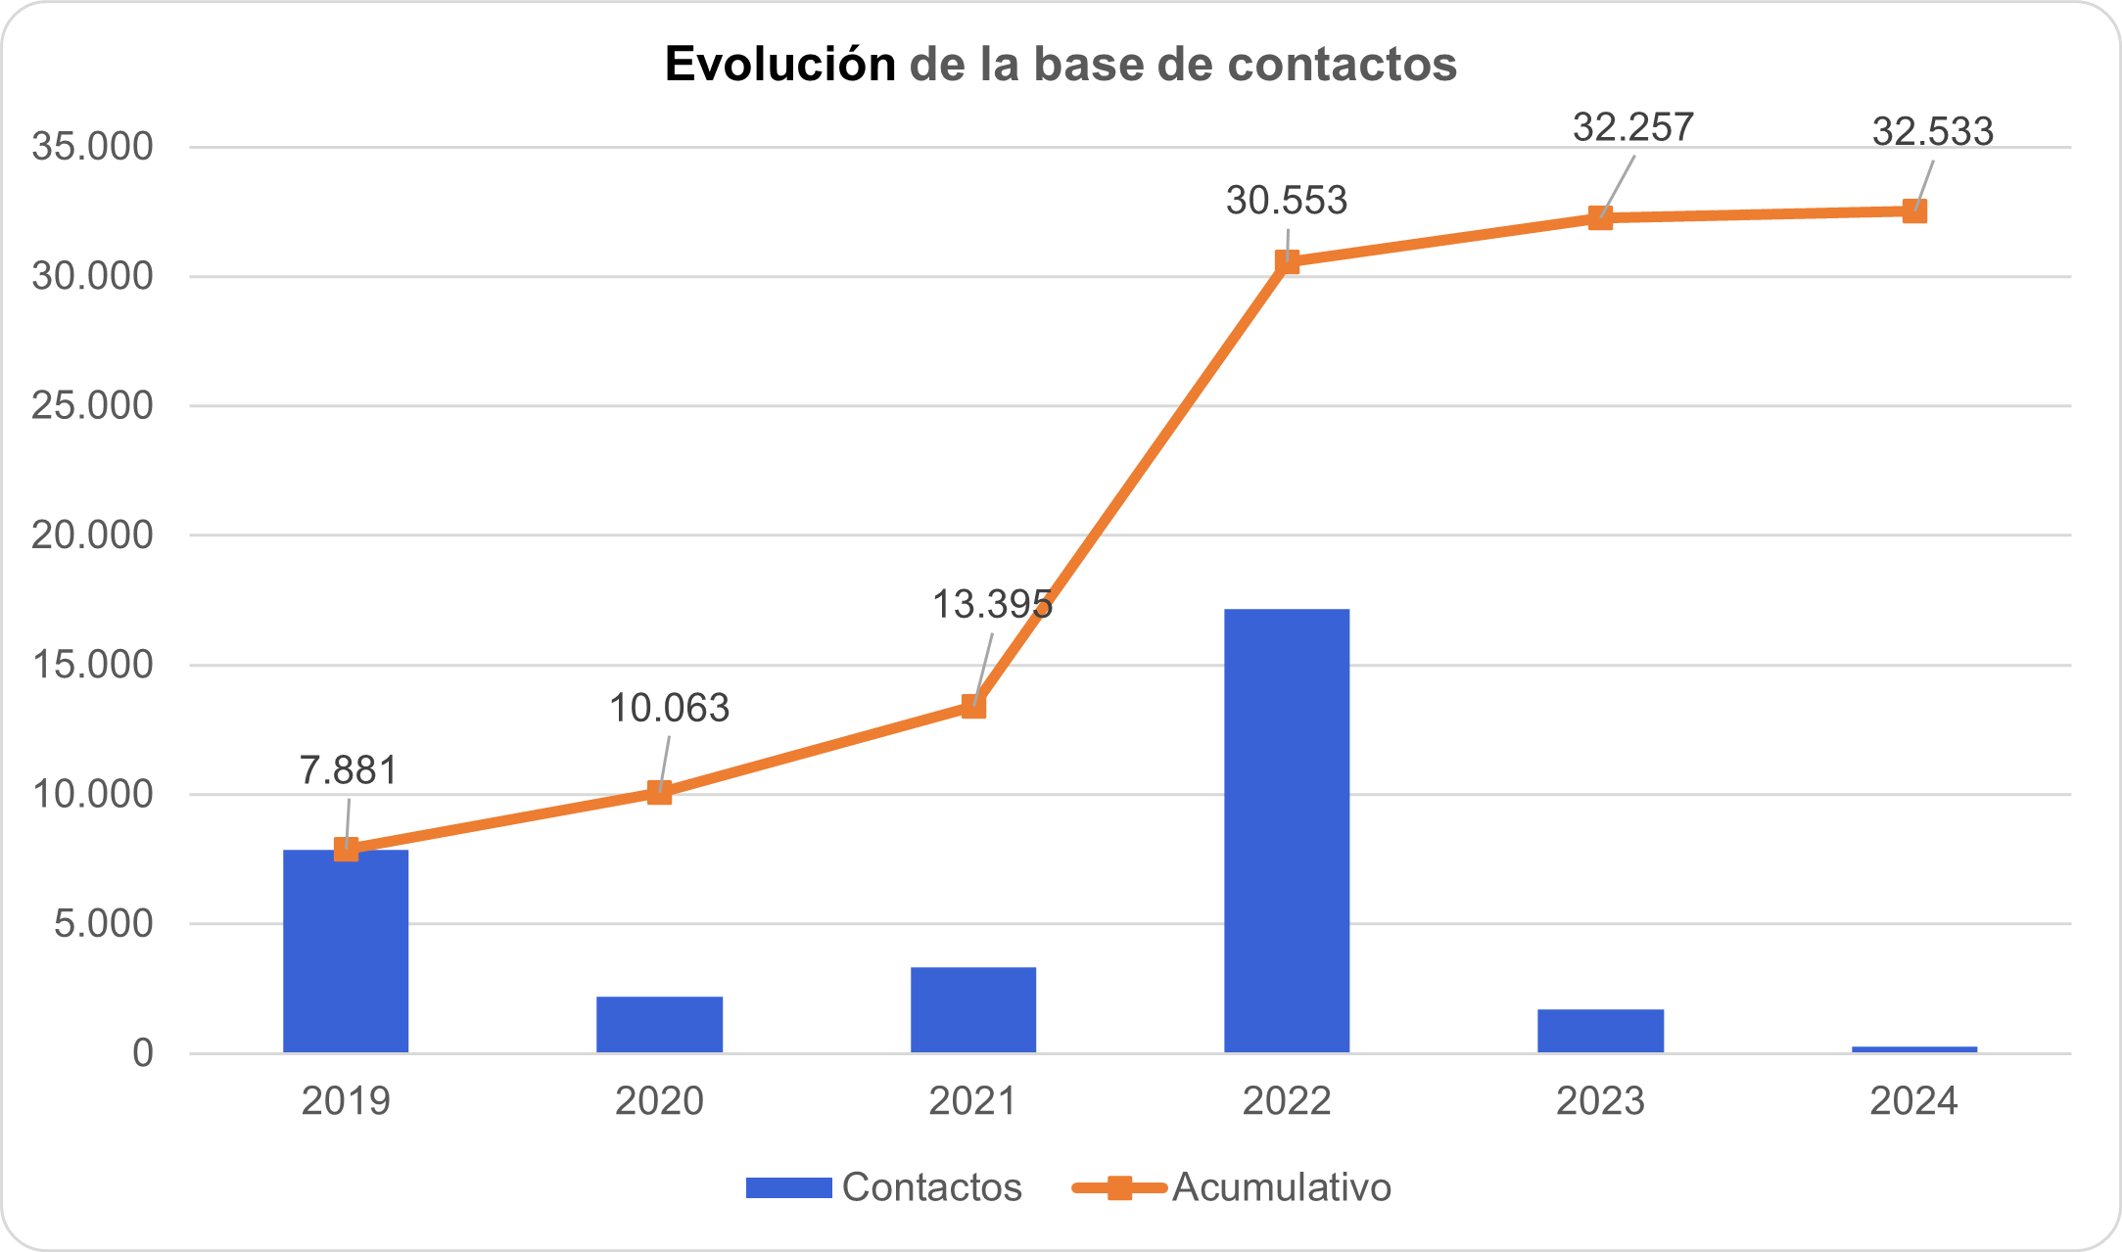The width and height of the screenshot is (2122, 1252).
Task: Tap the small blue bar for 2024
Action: click(1913, 1049)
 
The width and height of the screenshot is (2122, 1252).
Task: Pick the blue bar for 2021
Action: click(973, 1010)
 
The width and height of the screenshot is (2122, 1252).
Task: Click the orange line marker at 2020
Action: click(660, 792)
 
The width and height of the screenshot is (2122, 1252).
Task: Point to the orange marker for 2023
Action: click(1600, 217)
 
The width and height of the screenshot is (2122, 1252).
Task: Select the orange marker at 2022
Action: click(1287, 261)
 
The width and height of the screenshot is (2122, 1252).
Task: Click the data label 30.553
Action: click(1287, 201)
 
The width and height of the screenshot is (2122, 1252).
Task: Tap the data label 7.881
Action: click(349, 770)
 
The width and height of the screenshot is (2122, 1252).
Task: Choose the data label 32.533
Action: click(1932, 131)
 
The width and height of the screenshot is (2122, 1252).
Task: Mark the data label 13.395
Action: click(991, 605)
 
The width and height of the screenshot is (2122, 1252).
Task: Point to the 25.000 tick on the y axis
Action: click(93, 405)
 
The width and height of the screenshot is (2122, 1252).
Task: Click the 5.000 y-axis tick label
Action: click(104, 923)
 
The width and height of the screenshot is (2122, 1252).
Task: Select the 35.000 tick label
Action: click(93, 147)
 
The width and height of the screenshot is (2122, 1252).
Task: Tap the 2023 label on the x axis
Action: click(1600, 1101)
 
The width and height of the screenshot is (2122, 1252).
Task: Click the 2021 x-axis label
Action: click(973, 1101)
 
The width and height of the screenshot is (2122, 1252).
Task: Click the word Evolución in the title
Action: click(780, 65)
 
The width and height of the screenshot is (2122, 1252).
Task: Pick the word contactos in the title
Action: click(1342, 65)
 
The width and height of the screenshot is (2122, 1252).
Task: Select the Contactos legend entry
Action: click(884, 1187)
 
